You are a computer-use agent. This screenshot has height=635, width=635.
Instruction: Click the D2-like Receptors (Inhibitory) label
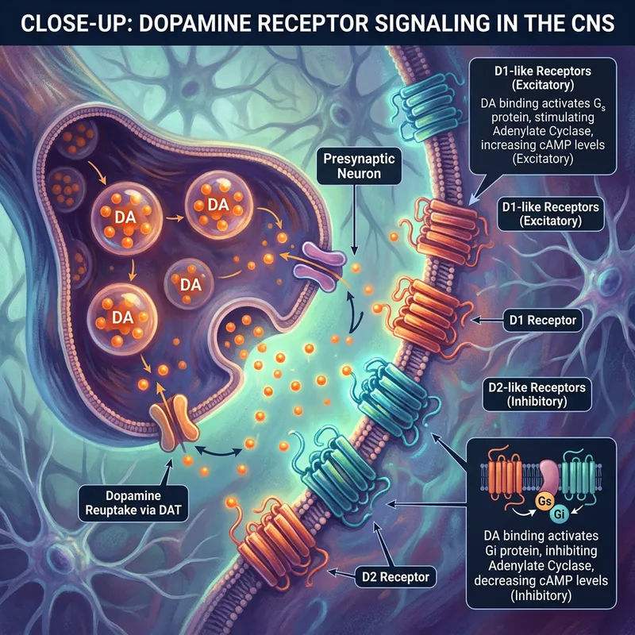(x=545, y=394)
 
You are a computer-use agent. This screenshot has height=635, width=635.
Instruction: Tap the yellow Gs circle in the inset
(x=522, y=502)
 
